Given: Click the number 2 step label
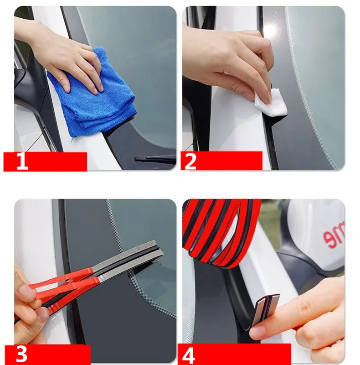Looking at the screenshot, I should pyautogui.click(x=190, y=162).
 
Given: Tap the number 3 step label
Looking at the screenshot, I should pyautogui.click(x=22, y=355).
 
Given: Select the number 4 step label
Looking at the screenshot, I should pyautogui.click(x=190, y=355).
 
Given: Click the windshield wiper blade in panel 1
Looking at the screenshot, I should pyautogui.click(x=155, y=159).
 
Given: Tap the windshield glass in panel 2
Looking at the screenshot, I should pyautogui.click(x=314, y=82).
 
